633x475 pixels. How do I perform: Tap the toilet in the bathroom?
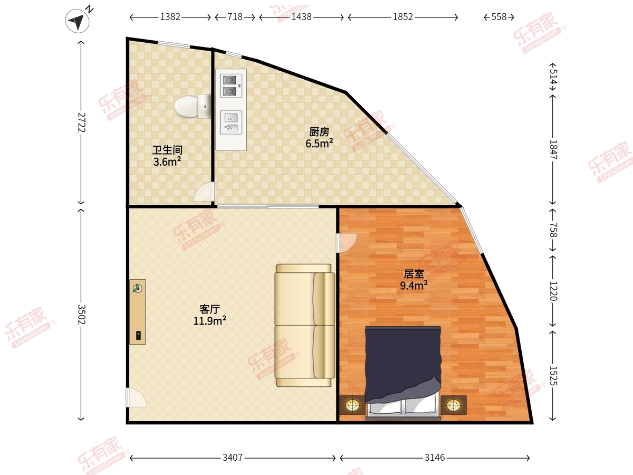(193, 106)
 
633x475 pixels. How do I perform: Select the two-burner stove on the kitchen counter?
(231, 85)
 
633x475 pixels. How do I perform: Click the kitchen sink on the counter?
(231, 122)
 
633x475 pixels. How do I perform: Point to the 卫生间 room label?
(167, 150)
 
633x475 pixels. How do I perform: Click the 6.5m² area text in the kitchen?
(319, 144)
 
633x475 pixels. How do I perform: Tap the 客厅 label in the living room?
(209, 309)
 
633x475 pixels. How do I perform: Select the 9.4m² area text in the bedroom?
(414, 286)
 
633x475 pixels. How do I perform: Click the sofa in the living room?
(304, 325)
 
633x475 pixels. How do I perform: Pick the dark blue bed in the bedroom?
(403, 373)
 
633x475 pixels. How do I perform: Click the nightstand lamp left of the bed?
(352, 405)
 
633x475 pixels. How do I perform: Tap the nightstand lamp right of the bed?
(454, 405)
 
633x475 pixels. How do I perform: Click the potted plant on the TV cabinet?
(137, 288)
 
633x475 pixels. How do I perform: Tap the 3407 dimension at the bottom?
(233, 458)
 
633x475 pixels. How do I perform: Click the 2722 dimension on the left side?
(82, 122)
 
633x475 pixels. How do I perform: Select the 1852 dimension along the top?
(403, 17)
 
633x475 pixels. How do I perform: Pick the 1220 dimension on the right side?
(553, 291)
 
